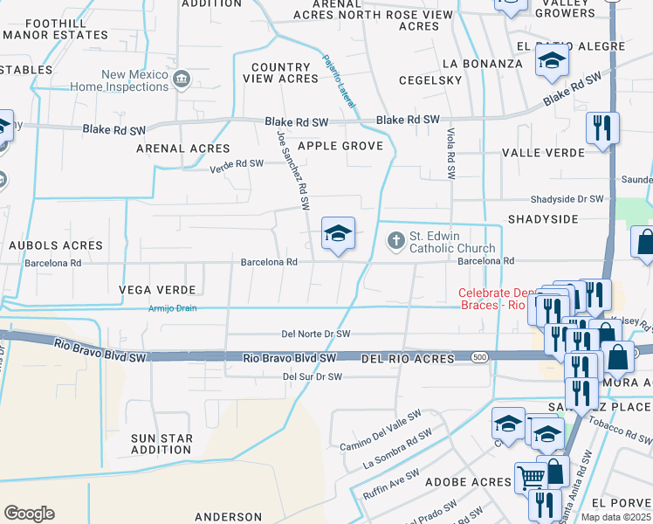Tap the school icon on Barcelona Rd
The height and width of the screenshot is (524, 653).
(x=338, y=234)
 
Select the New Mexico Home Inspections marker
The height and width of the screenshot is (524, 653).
(x=182, y=81)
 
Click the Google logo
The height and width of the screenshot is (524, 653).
(x=29, y=514)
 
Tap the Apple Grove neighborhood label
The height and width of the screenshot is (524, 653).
(x=340, y=146)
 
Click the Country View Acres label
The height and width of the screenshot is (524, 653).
(x=280, y=72)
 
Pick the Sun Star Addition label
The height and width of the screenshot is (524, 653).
(x=160, y=444)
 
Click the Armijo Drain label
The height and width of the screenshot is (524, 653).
(x=172, y=308)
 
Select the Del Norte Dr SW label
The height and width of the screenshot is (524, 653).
(x=315, y=334)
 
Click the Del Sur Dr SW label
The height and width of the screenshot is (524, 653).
(x=312, y=376)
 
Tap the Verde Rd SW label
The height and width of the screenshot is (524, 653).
(x=236, y=164)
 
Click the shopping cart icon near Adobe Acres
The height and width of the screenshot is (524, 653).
(x=530, y=478)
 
